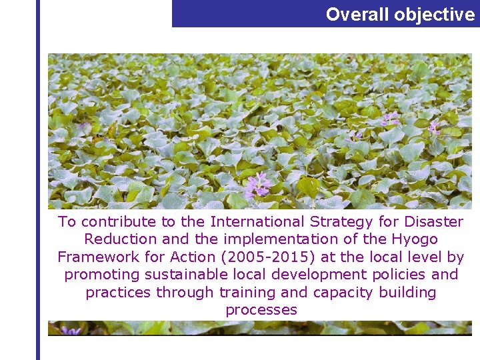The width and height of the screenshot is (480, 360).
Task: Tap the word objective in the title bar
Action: pos(434,15)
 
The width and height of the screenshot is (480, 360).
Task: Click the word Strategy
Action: pos(331,222)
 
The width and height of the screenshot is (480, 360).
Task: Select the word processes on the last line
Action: pos(261,310)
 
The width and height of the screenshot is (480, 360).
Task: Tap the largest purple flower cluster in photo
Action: pos(257,185)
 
